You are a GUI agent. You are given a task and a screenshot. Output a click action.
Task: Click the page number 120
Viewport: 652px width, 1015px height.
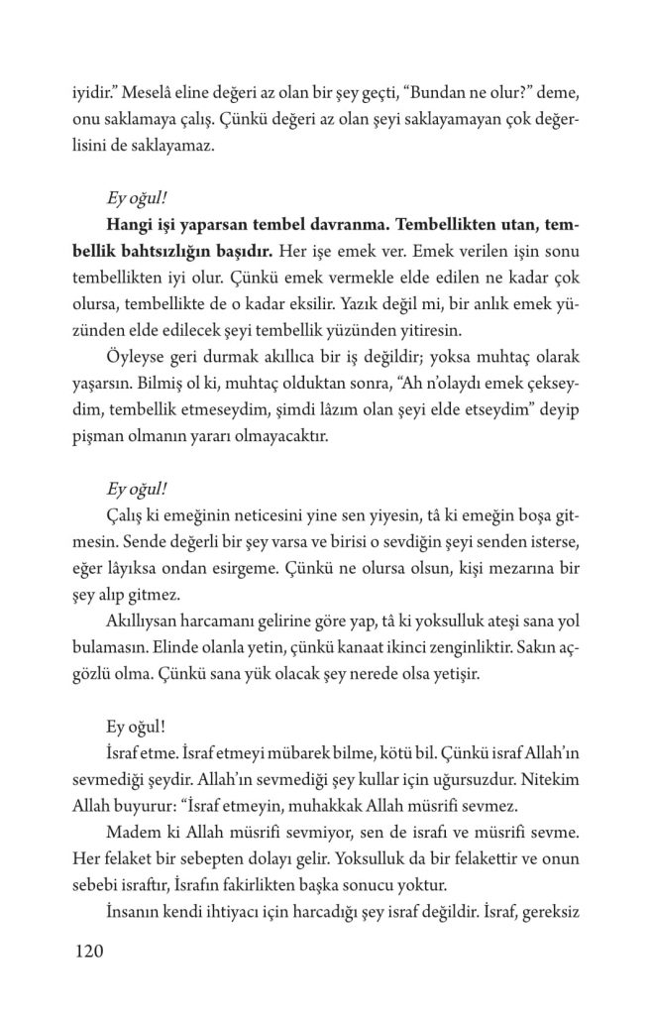point(89,953)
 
